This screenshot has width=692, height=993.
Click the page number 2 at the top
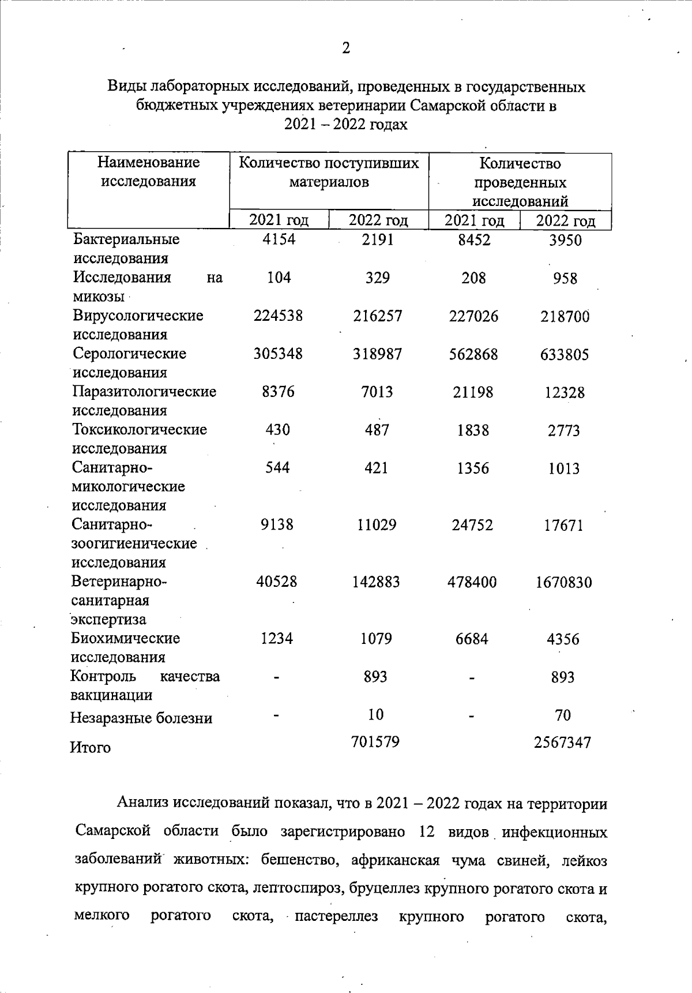pos(345,48)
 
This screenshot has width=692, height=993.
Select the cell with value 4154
pos(279,239)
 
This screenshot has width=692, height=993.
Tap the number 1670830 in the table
pos(563,582)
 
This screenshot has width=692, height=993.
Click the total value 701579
pos(375,741)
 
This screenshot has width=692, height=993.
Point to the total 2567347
pos(563,743)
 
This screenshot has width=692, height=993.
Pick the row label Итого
pos(90,748)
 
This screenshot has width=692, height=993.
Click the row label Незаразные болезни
pos(141,718)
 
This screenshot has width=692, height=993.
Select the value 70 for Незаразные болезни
pos(563,715)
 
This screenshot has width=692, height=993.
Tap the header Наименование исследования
pos(148,172)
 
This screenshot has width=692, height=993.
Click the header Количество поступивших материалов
pos(329,173)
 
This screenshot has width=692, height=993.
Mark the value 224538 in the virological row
pos(279,316)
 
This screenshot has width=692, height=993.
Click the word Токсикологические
pos(140,430)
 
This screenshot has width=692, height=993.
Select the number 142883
pos(376,582)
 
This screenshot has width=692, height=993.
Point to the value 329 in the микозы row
pos(377,278)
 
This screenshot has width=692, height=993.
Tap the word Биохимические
pos(125,638)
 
